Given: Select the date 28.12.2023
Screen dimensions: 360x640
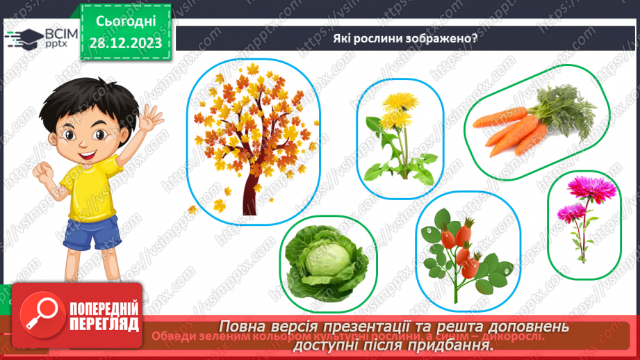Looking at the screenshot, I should [125, 42].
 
